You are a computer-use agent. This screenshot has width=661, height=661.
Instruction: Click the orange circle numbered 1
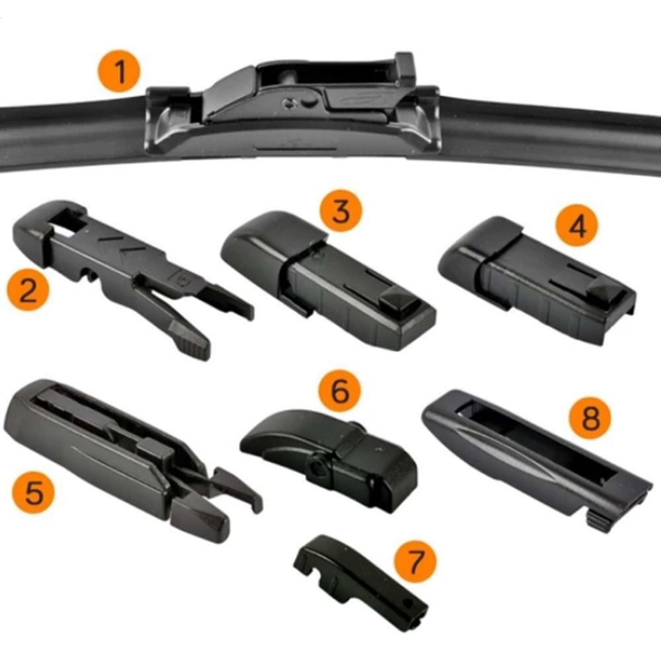coord(120,74)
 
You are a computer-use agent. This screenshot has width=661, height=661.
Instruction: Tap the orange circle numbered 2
coord(28,291)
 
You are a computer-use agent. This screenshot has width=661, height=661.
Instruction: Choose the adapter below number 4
coord(535,278)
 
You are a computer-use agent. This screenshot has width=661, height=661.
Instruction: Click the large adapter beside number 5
coord(119,456)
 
